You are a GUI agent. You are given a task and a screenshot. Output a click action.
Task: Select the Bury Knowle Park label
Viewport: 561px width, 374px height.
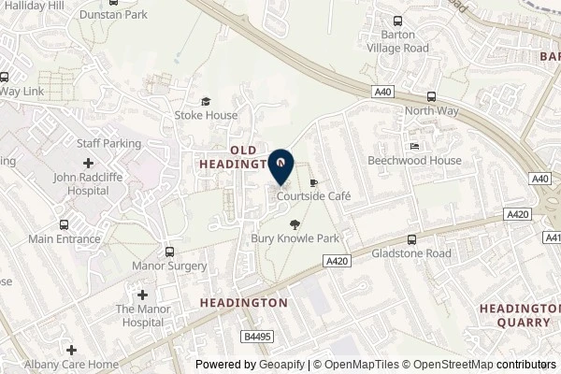point(295,238)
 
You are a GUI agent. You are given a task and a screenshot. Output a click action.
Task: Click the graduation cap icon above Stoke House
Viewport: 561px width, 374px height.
point(206,102)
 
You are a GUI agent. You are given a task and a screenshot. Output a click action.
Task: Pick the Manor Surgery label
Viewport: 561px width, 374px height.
point(171,266)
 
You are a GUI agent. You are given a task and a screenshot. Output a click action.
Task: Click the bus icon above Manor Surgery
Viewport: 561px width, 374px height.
point(169,252)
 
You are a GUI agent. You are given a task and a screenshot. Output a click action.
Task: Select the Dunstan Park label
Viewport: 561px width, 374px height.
point(114,16)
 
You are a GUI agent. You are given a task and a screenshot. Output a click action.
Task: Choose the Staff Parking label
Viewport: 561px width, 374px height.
point(108,144)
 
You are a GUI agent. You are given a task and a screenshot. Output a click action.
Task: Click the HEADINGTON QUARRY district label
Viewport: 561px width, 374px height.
point(519,315)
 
